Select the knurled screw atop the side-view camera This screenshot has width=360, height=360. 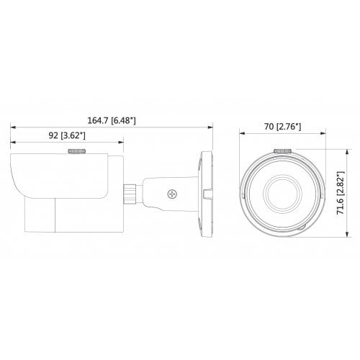click(x=76, y=152)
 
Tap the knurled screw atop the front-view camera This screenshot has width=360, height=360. click(x=282, y=151)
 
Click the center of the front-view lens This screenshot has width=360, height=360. click(x=281, y=192)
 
